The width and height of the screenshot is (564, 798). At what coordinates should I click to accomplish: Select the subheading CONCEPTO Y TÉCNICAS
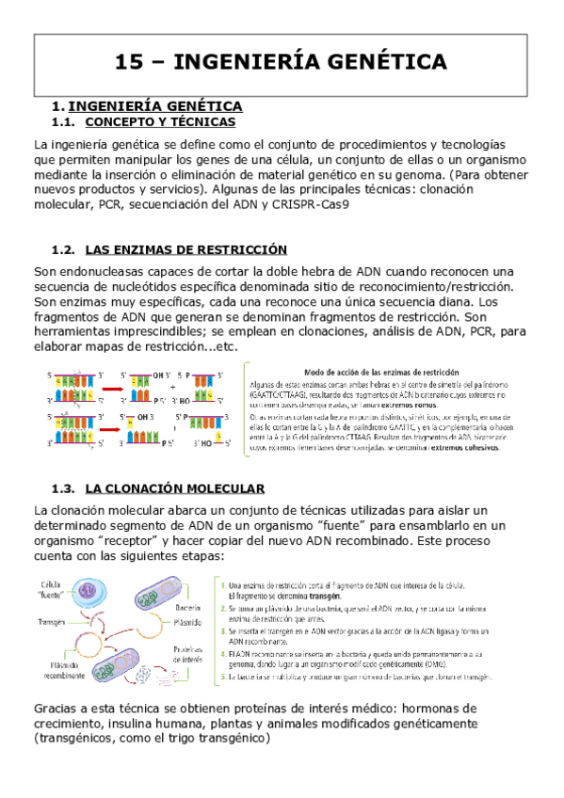coord(160,122)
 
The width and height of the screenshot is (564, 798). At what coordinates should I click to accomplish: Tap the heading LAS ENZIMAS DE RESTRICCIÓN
coord(185,249)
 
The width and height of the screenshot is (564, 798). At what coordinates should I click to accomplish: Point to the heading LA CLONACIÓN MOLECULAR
coord(174,488)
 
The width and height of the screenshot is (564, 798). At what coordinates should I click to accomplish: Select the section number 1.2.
coord(63,249)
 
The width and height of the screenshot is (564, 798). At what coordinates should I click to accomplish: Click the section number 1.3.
coord(63,488)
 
